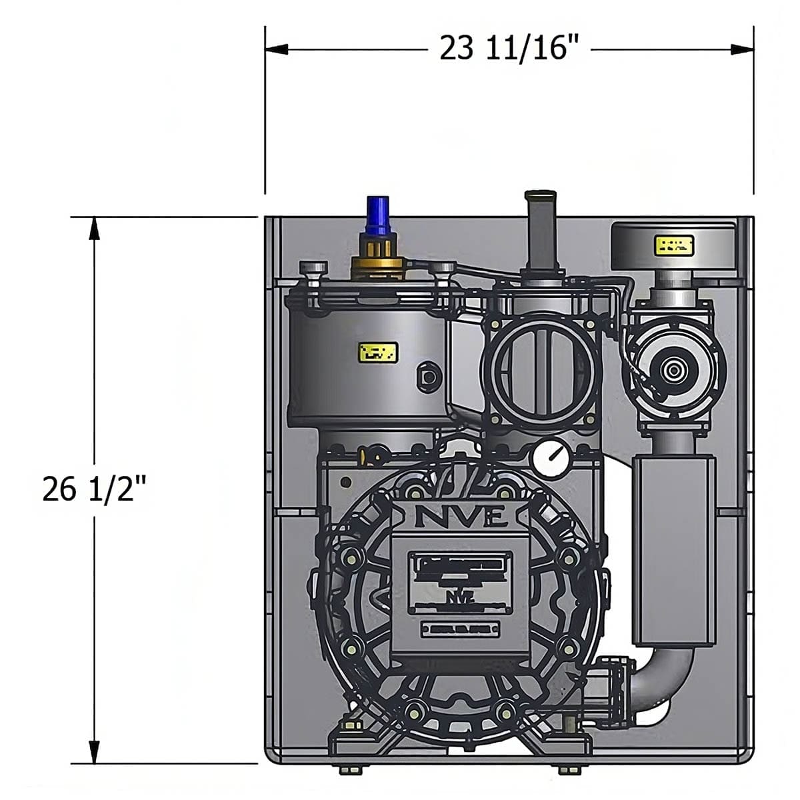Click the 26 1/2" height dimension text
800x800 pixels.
pyautogui.click(x=93, y=490)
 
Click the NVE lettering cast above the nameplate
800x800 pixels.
pyautogui.click(x=462, y=516)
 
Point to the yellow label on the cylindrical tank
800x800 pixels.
pyautogui.click(x=378, y=351)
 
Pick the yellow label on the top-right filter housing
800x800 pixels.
pyautogui.click(x=675, y=245)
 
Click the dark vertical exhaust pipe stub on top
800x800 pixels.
pyautogui.click(x=541, y=230)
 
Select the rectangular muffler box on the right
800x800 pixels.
pyautogui.click(x=673, y=550)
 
